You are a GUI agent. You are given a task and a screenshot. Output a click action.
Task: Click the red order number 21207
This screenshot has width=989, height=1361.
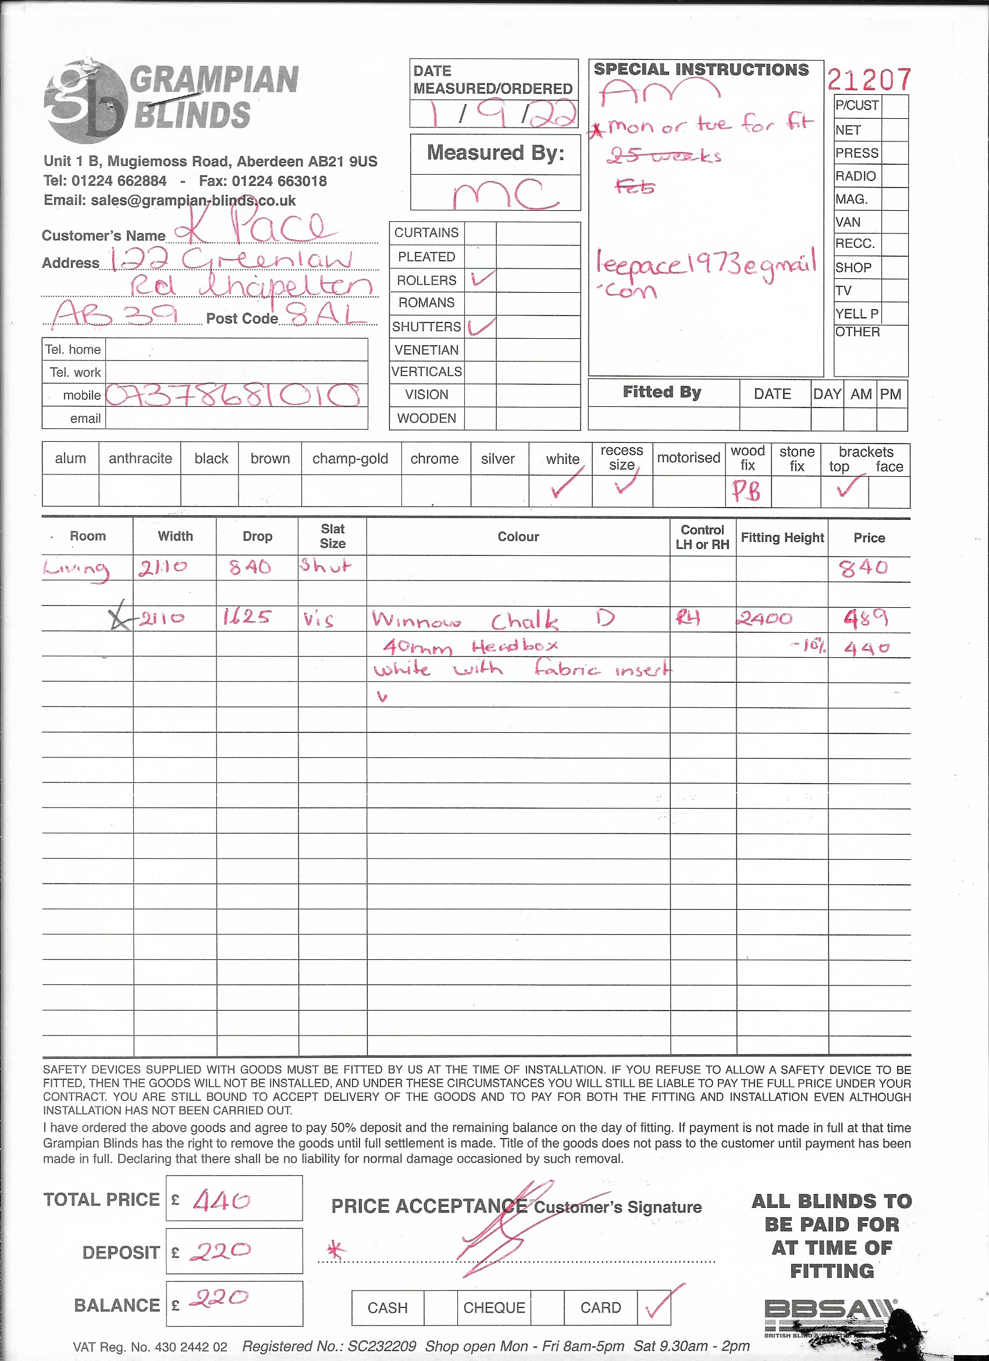(x=869, y=79)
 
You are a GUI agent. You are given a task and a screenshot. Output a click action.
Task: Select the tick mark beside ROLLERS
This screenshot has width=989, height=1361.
(x=482, y=278)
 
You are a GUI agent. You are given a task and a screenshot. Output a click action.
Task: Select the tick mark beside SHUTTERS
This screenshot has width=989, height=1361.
(x=482, y=327)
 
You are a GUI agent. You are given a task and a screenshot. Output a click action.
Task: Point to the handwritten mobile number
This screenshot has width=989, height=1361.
(x=234, y=395)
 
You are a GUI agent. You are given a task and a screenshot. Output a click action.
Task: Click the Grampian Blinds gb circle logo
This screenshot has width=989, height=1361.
(x=86, y=102)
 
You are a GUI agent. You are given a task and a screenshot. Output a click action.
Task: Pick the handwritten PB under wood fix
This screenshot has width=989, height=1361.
(x=746, y=491)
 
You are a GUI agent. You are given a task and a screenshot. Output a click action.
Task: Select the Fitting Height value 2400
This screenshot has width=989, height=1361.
(x=764, y=619)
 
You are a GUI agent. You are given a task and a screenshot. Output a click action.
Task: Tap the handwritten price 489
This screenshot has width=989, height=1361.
(x=866, y=618)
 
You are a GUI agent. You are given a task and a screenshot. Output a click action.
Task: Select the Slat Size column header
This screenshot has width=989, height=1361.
(x=332, y=536)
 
